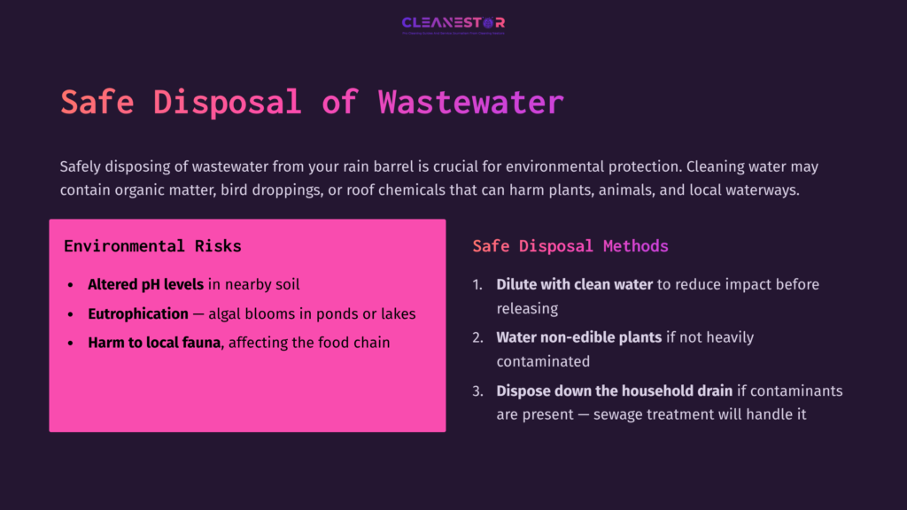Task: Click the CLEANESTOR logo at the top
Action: pyautogui.click(x=453, y=24)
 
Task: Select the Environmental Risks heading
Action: pyautogui.click(x=152, y=246)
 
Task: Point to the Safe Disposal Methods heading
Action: pyautogui.click(x=570, y=246)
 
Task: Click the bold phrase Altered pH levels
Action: pyautogui.click(x=146, y=285)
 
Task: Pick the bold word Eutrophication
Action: pyautogui.click(x=138, y=313)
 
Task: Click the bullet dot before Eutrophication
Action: pyautogui.click(x=71, y=314)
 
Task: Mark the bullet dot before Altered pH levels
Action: pyautogui.click(x=71, y=286)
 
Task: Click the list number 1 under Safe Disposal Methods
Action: pyautogui.click(x=477, y=285)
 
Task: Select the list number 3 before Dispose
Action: pyautogui.click(x=477, y=390)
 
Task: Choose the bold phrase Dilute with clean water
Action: pyautogui.click(x=574, y=285)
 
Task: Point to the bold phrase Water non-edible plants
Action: pyautogui.click(x=579, y=337)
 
